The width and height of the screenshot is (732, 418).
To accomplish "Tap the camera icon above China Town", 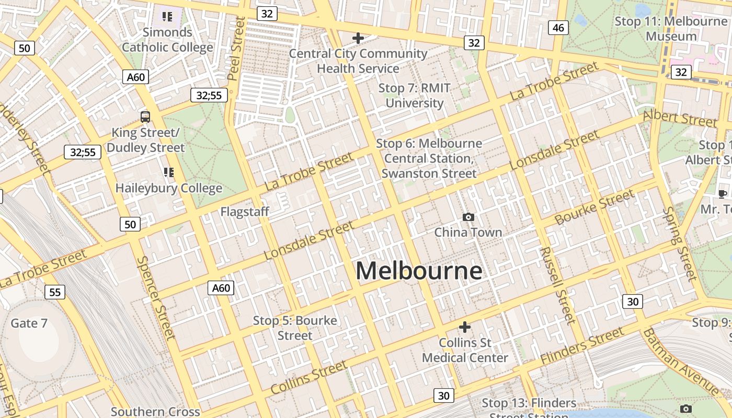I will (x=468, y=217).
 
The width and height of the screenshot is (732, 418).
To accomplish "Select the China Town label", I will (x=468, y=232).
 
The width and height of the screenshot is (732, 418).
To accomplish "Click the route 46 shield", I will (x=558, y=28).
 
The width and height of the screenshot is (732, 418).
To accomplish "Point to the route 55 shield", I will (x=55, y=292).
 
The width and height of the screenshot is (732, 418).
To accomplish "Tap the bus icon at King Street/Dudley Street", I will (x=145, y=117).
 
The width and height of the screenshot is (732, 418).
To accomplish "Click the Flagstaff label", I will (x=245, y=212).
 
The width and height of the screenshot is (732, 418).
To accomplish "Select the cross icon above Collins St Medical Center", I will (x=464, y=327).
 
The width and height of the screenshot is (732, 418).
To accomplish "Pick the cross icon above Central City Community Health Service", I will (x=358, y=38).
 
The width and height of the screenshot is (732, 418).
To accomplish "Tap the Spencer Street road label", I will (x=155, y=297).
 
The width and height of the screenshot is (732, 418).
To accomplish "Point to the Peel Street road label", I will (x=236, y=48).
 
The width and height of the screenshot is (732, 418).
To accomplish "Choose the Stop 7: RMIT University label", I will (x=415, y=96).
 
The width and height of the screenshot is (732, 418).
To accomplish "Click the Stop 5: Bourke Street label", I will (x=295, y=328).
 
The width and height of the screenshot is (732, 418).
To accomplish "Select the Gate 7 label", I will (x=29, y=323).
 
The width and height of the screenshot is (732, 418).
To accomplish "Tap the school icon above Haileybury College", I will (x=168, y=172).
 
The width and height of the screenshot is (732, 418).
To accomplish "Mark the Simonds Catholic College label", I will (x=167, y=40).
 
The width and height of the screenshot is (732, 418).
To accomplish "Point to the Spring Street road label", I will (x=680, y=243).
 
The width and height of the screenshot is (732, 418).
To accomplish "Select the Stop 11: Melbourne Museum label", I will (x=671, y=29).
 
